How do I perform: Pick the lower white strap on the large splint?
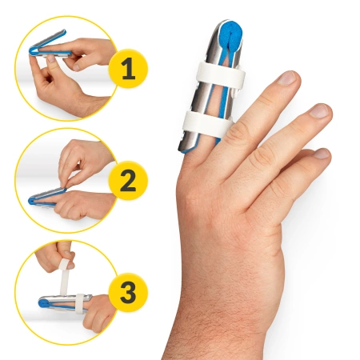click(x=207, y=122)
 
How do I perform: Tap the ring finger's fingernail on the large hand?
click(x=318, y=111)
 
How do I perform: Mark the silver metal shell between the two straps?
click(x=202, y=100)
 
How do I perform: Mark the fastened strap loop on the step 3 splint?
click(x=82, y=302)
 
